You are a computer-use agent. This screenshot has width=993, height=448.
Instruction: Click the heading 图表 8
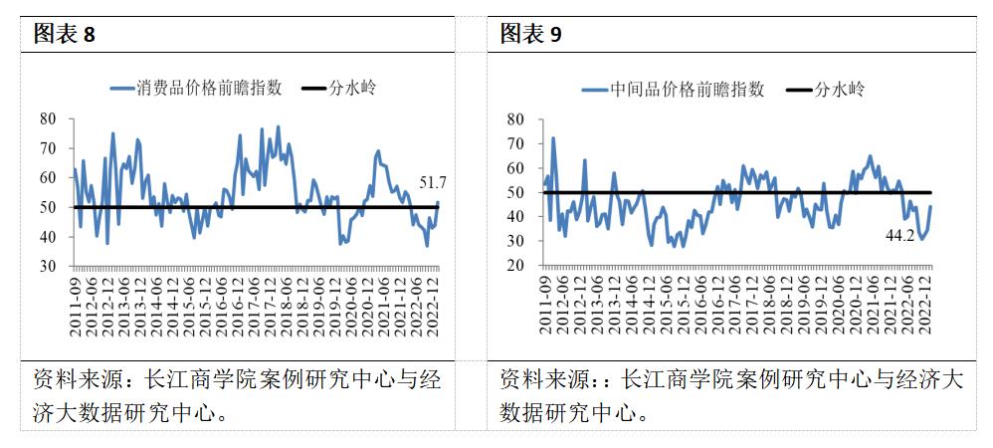(65, 34)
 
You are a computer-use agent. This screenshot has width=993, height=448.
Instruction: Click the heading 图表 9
(530, 34)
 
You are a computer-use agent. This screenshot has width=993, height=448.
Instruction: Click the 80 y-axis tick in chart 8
(48, 118)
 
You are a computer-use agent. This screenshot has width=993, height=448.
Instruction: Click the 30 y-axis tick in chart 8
(48, 267)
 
